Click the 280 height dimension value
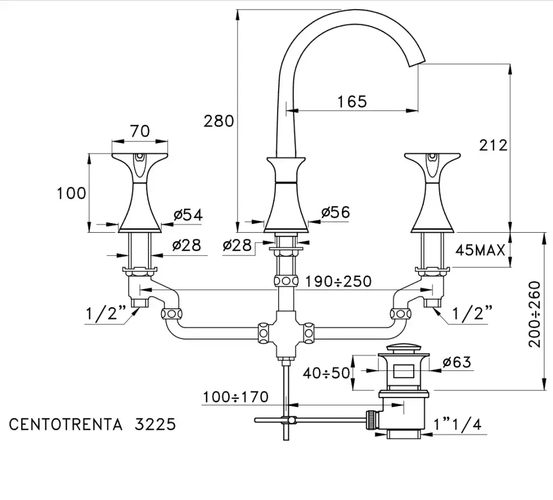[219, 121]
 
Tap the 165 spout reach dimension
[352, 102]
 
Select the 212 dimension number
[493, 145]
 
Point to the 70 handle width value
[140, 131]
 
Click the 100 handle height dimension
[72, 193]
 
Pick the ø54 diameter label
[187, 215]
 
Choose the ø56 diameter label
[335, 212]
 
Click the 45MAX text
[481, 250]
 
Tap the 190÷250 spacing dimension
[338, 281]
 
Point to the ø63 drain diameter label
[456, 362]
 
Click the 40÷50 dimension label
[326, 373]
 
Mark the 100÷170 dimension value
[235, 397]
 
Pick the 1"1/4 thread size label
[457, 424]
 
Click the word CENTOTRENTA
[66, 424]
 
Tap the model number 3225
[155, 424]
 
